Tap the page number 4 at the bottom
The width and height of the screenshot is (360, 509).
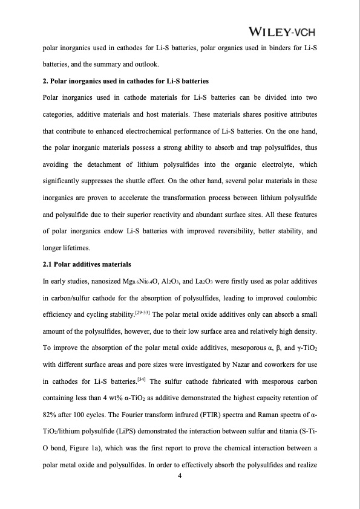[x=180, y=475]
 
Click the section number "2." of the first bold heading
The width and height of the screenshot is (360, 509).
[x=46, y=81]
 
